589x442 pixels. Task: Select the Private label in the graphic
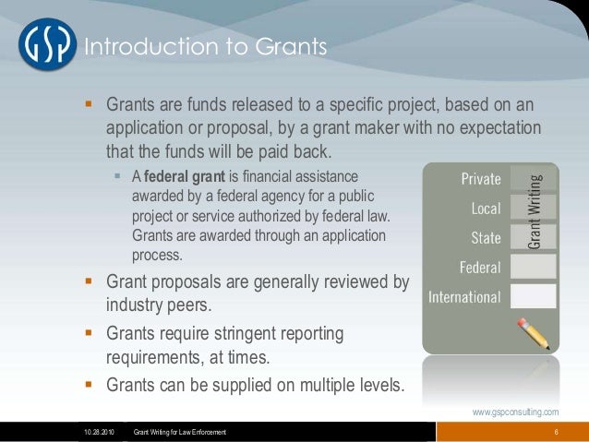(x=481, y=179)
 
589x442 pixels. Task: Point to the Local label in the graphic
(x=486, y=209)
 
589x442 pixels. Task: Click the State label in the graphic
(x=486, y=237)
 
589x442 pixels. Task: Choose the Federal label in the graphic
(x=480, y=268)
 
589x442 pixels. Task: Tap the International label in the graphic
(x=464, y=297)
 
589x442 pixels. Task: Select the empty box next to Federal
(x=533, y=267)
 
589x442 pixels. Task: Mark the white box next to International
(x=533, y=296)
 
